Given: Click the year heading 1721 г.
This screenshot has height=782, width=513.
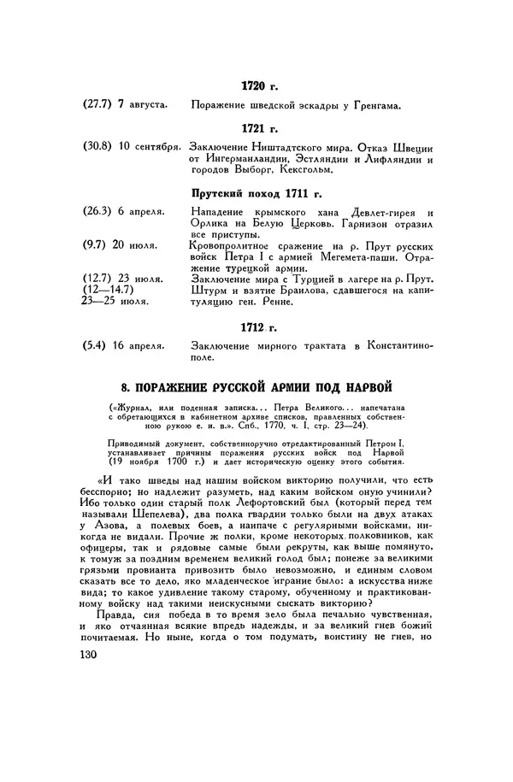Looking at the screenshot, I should (261, 128).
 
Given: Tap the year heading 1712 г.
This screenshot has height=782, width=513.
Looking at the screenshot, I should (261, 326).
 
